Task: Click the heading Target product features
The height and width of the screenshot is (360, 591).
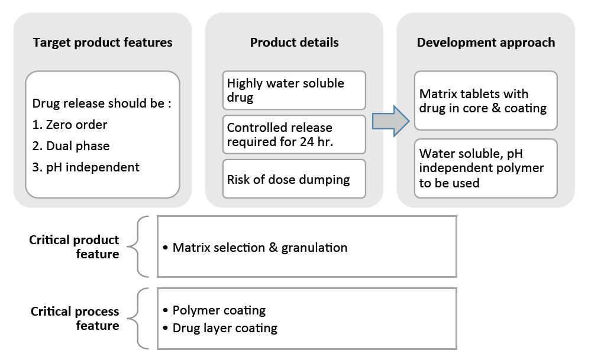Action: point(102,43)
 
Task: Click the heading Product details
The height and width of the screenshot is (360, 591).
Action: point(294,43)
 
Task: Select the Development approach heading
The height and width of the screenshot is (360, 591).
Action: point(486,43)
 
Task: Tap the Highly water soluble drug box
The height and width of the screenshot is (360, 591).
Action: point(294,90)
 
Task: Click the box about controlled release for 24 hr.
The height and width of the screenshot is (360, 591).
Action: point(294,134)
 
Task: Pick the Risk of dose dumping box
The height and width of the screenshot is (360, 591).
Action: point(294,179)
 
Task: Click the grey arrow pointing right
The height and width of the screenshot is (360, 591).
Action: point(390,121)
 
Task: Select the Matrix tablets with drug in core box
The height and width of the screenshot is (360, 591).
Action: point(486,100)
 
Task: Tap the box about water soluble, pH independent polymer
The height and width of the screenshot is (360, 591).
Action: point(486,168)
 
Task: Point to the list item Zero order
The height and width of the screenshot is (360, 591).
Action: point(70,125)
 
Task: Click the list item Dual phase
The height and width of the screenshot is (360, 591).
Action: point(71,146)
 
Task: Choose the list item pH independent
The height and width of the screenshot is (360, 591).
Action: point(86,167)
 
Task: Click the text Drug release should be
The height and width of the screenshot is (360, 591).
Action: point(102,103)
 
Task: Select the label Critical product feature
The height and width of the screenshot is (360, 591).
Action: point(75,247)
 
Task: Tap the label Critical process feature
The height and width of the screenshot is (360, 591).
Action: point(75,318)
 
